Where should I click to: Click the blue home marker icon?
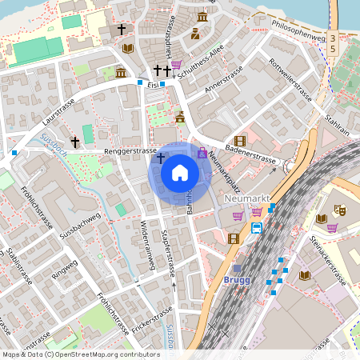tap(180, 172)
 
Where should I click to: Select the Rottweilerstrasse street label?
tap(290, 80)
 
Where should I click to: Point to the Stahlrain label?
tap(339, 124)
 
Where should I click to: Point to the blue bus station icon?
tap(257, 228)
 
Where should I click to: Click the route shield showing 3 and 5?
tap(332, 44)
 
